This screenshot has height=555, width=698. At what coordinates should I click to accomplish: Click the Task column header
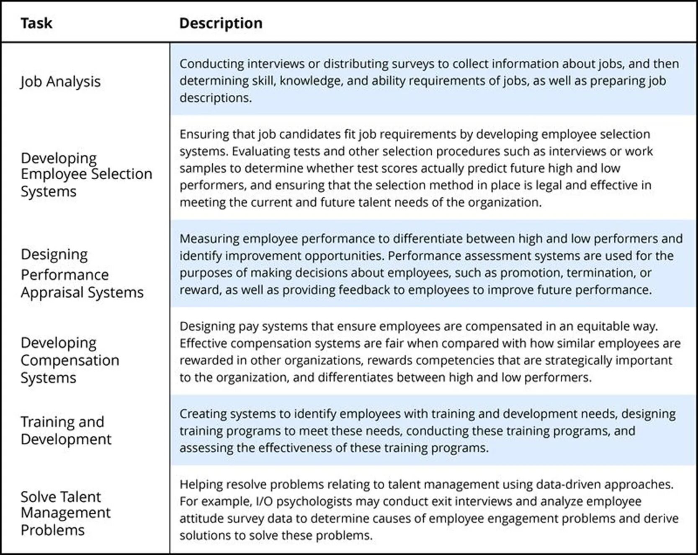36,23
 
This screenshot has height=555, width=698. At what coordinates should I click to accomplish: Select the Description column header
221,23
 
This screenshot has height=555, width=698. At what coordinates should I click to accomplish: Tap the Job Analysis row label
61,81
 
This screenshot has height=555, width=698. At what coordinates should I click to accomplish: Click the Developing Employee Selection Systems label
86,174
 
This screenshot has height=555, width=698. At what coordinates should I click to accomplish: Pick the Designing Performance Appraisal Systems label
82,273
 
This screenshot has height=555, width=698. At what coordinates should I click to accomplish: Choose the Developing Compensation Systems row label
70,360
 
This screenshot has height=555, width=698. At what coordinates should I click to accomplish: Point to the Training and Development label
66,430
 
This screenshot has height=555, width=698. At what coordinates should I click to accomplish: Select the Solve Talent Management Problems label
65,513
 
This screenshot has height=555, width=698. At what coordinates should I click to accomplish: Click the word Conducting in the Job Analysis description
212,64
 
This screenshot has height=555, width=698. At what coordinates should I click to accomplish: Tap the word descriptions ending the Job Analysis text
215,98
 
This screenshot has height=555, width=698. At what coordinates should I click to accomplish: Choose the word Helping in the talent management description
201,485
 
